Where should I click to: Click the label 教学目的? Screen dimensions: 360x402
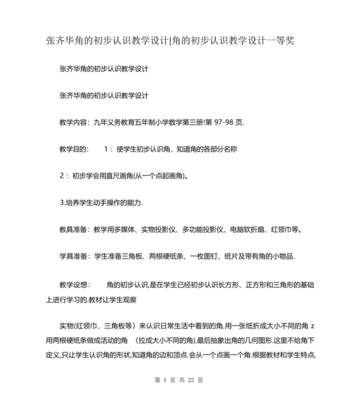74,149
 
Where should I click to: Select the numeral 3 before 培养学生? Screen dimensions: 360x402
61,202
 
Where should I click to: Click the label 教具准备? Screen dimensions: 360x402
74,229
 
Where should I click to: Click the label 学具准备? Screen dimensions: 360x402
74,256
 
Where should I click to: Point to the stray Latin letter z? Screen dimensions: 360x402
313,326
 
